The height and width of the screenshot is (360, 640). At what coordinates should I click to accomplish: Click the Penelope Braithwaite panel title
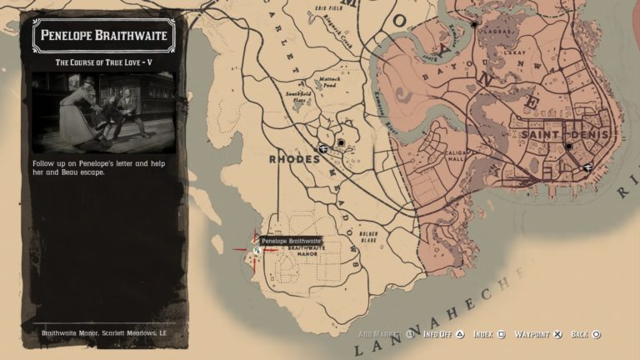point(104,36)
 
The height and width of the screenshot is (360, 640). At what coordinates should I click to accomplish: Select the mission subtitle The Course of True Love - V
point(104,62)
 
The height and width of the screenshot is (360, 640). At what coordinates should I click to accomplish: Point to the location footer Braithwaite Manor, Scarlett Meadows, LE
point(105,333)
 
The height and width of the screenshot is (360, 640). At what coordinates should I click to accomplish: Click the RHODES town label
point(294,158)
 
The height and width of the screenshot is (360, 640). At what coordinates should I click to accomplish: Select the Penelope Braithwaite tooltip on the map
point(291,241)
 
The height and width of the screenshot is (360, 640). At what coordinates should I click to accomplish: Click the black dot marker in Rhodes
point(341,143)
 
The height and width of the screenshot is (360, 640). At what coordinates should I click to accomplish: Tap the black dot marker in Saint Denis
point(568,147)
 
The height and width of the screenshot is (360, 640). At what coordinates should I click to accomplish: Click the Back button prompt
point(585,334)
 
